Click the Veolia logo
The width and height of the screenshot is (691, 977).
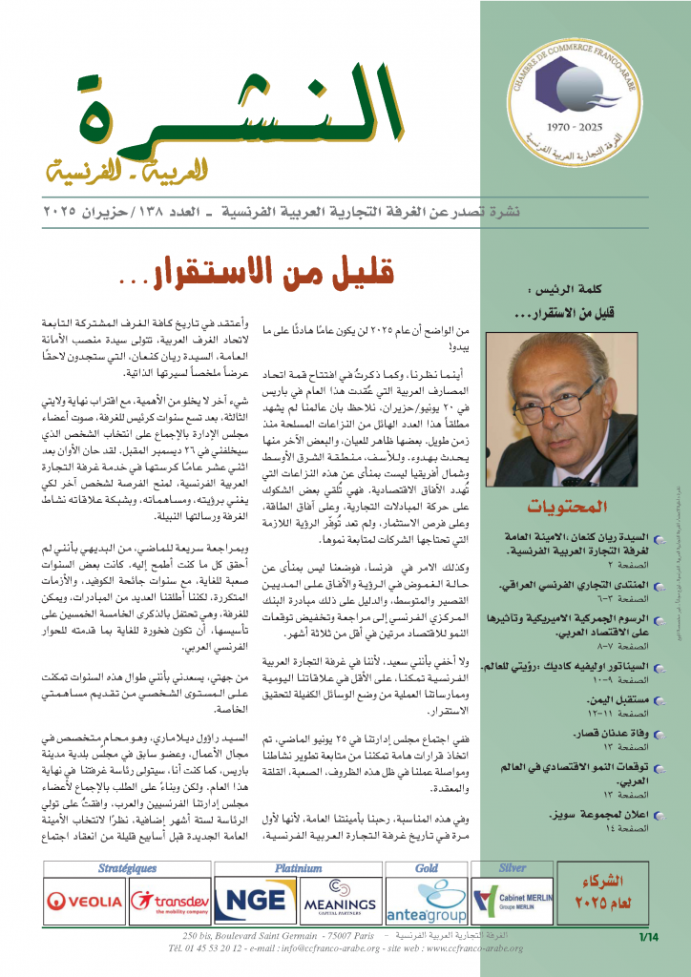[84, 899]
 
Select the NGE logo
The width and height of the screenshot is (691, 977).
[252, 899]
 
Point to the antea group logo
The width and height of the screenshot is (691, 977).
[427, 901]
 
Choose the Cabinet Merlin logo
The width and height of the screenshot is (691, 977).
[513, 899]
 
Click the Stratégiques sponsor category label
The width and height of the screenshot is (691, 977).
[127, 868]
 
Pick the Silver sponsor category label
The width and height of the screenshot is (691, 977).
[512, 868]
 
